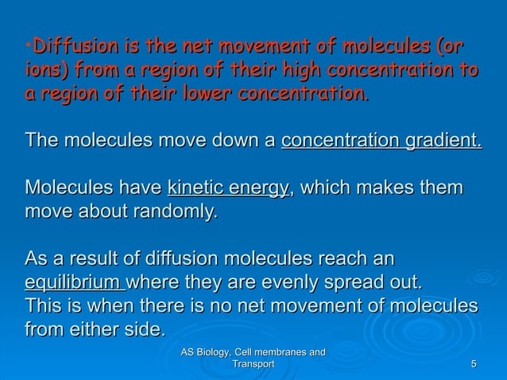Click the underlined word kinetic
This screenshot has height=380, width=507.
click(192, 188)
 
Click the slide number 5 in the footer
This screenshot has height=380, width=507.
click(474, 364)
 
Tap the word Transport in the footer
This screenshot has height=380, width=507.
click(251, 364)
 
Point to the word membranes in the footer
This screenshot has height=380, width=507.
click(281, 352)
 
